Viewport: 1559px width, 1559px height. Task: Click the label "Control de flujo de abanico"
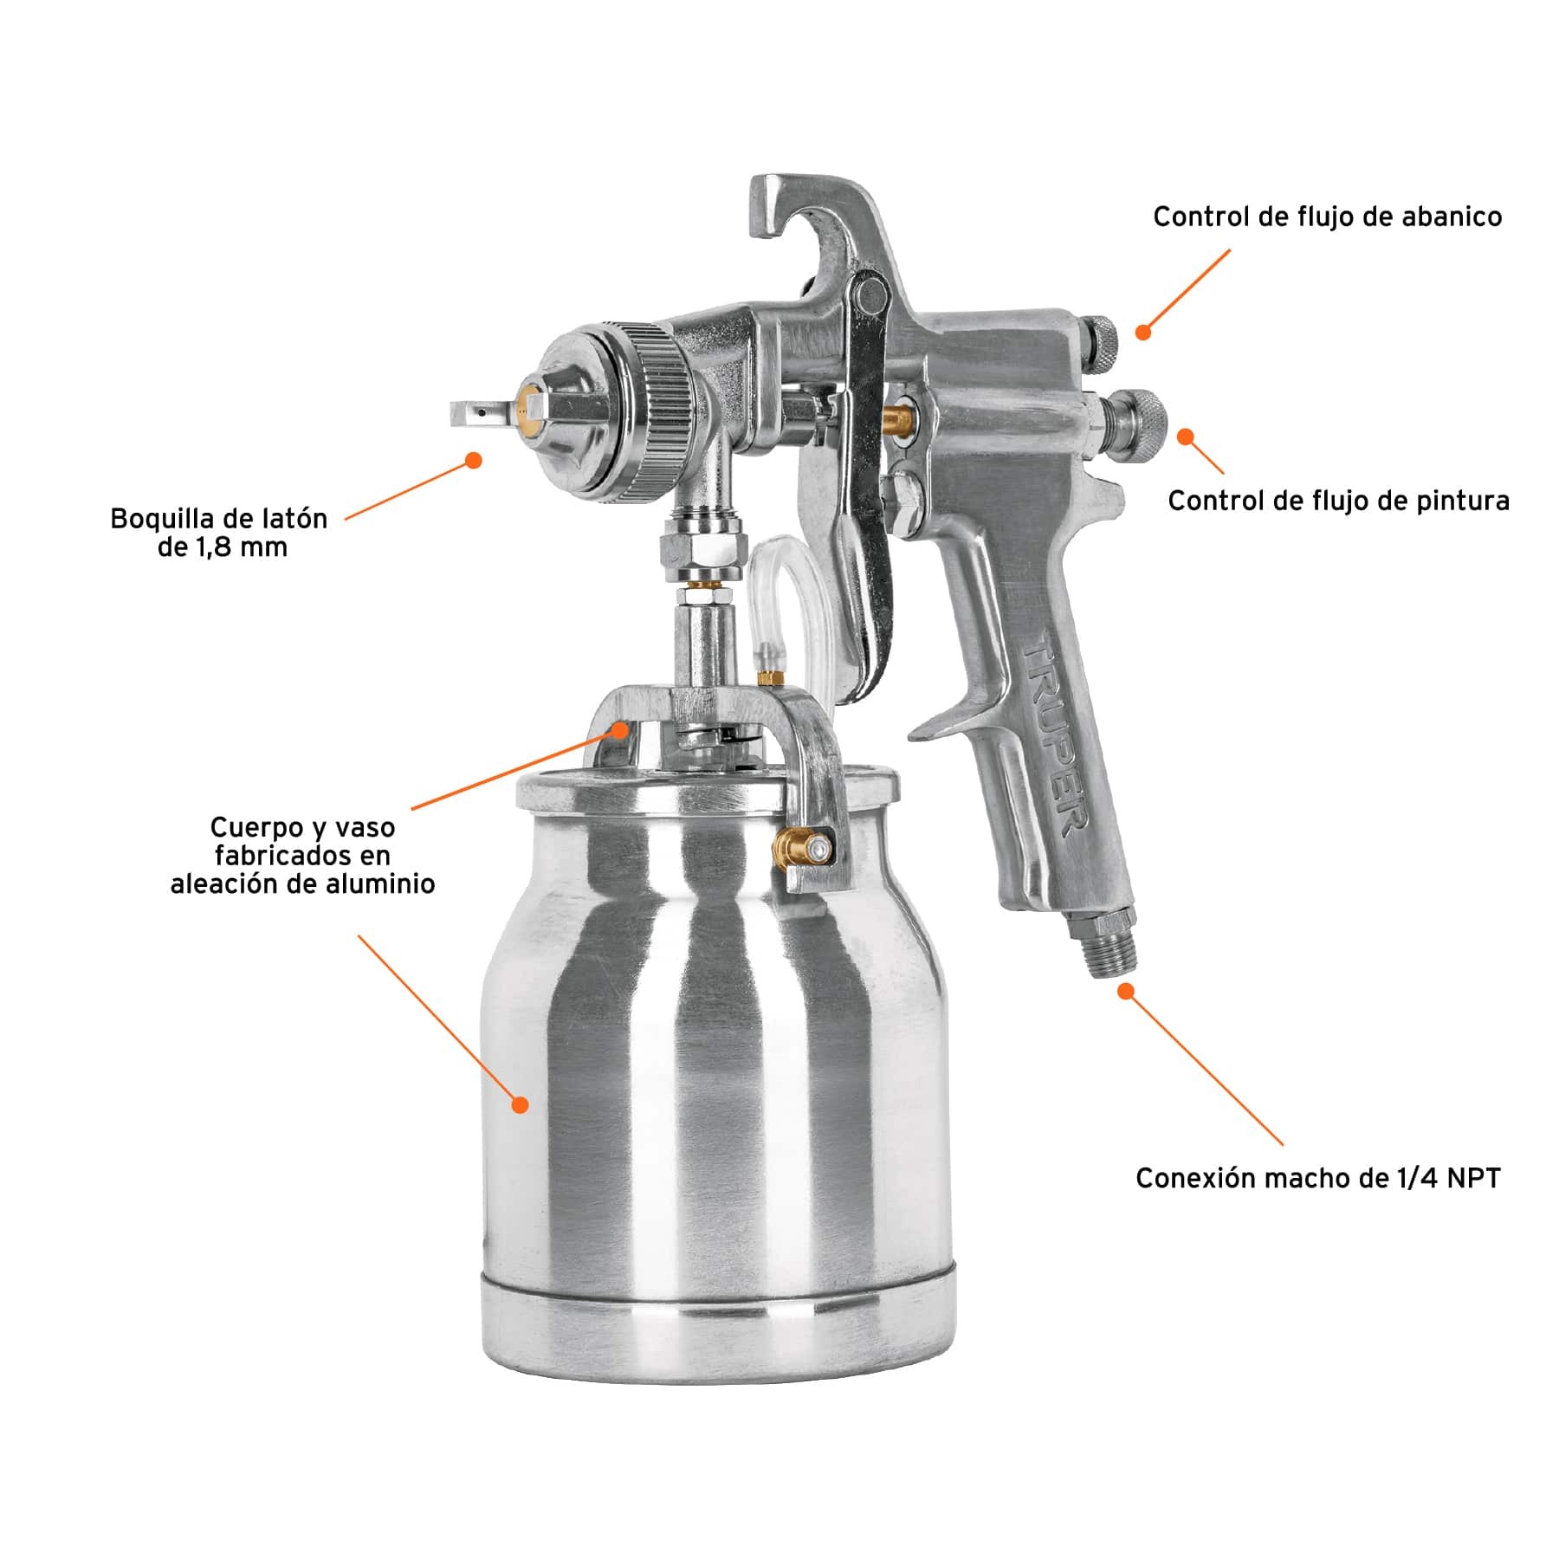pyautogui.click(x=1327, y=217)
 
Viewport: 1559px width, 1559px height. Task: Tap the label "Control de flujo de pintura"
pyautogui.click(x=1338, y=501)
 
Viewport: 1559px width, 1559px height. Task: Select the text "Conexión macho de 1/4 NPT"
pyautogui.click(x=1318, y=1178)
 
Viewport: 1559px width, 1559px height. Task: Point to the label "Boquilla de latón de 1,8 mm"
pyautogui.click(x=219, y=533)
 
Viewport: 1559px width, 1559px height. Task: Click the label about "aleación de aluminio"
pyautogui.click(x=302, y=856)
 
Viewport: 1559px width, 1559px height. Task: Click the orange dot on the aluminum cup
pyautogui.click(x=520, y=1104)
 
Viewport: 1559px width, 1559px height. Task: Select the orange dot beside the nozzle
pyautogui.click(x=473, y=461)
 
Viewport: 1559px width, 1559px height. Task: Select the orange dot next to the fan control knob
pyautogui.click(x=1143, y=332)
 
